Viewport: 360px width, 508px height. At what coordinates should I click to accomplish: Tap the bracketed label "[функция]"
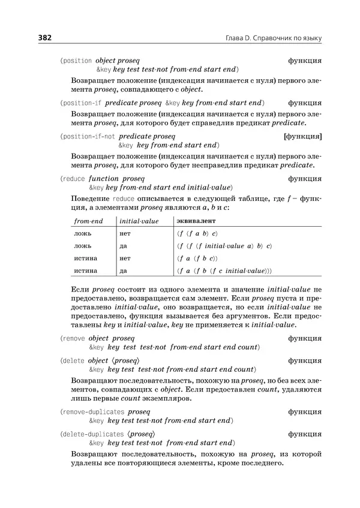point(303,137)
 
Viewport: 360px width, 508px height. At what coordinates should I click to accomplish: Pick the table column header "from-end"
point(88,221)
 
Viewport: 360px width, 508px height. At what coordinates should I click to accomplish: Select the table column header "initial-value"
point(139,221)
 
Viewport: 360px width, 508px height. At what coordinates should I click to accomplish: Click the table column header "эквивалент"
point(193,221)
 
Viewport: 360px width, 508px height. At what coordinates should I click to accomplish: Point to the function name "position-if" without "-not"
point(83,103)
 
